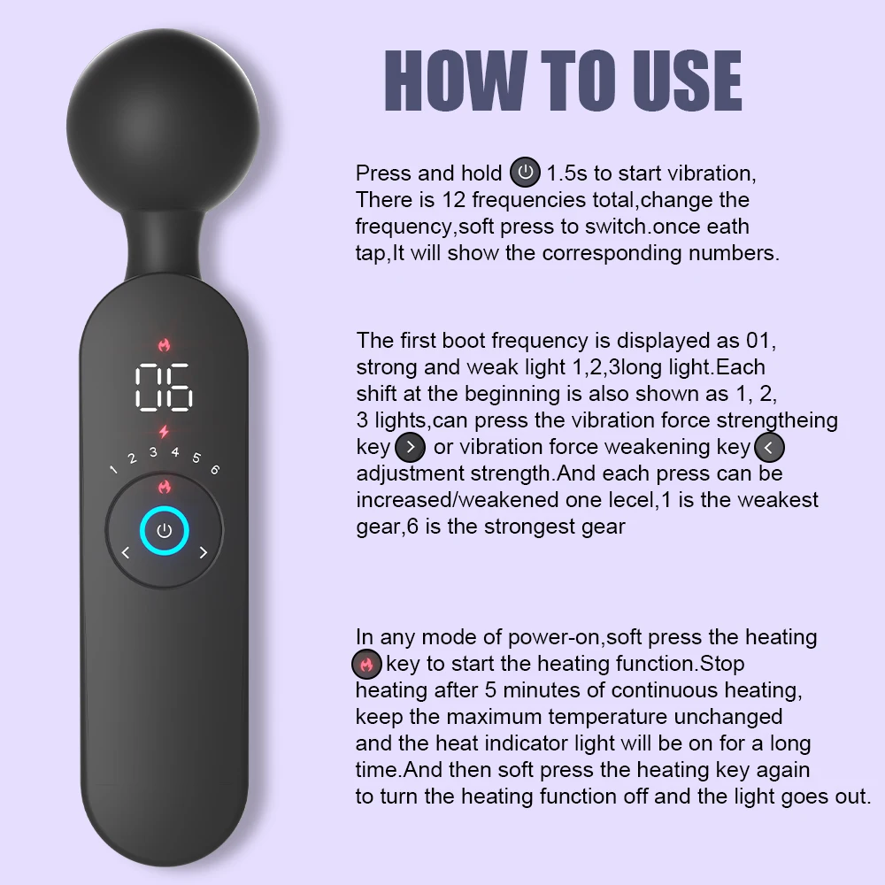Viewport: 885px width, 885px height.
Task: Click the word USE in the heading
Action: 687,81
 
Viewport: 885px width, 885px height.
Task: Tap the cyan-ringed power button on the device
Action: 165,530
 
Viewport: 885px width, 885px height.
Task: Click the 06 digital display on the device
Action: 165,387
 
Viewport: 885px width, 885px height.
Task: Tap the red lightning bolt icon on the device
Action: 164,432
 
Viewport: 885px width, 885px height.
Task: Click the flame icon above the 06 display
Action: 165,344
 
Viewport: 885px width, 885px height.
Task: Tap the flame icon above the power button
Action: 165,486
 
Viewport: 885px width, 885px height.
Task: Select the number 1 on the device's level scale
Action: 113,469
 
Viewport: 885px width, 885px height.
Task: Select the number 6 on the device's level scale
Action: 215,469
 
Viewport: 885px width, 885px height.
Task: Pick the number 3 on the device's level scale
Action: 153,452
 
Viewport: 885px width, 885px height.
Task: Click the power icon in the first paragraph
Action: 525,173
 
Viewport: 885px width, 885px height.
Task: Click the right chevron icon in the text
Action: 411,447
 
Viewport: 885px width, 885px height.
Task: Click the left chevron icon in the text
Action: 769,447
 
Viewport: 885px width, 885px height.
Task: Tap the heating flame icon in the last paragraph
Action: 367,664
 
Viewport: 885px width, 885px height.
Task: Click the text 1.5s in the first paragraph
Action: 566,173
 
